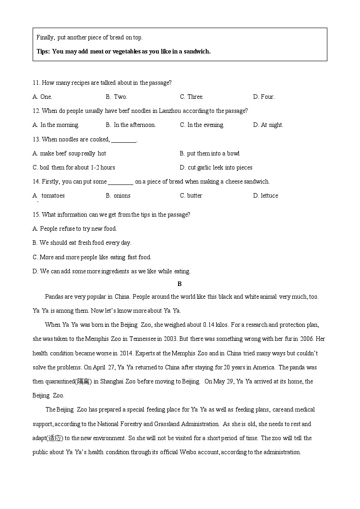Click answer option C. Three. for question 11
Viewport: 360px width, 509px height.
click(x=191, y=97)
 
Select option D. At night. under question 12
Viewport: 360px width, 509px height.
click(x=268, y=125)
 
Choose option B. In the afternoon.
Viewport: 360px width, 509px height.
click(x=131, y=125)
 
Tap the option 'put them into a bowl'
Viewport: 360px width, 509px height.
click(x=209, y=153)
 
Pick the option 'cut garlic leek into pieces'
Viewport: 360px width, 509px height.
click(x=216, y=167)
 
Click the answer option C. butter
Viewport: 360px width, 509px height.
click(x=191, y=195)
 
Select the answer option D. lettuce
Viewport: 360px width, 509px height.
click(x=266, y=195)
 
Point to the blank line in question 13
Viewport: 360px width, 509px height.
click(x=124, y=141)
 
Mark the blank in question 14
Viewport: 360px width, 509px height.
click(x=121, y=183)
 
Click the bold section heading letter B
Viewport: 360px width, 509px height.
click(x=180, y=284)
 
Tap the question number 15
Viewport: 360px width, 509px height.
click(x=36, y=214)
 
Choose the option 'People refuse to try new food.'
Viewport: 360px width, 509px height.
click(x=74, y=228)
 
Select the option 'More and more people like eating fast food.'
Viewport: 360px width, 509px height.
click(x=92, y=257)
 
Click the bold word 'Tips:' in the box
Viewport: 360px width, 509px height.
click(x=43, y=51)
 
